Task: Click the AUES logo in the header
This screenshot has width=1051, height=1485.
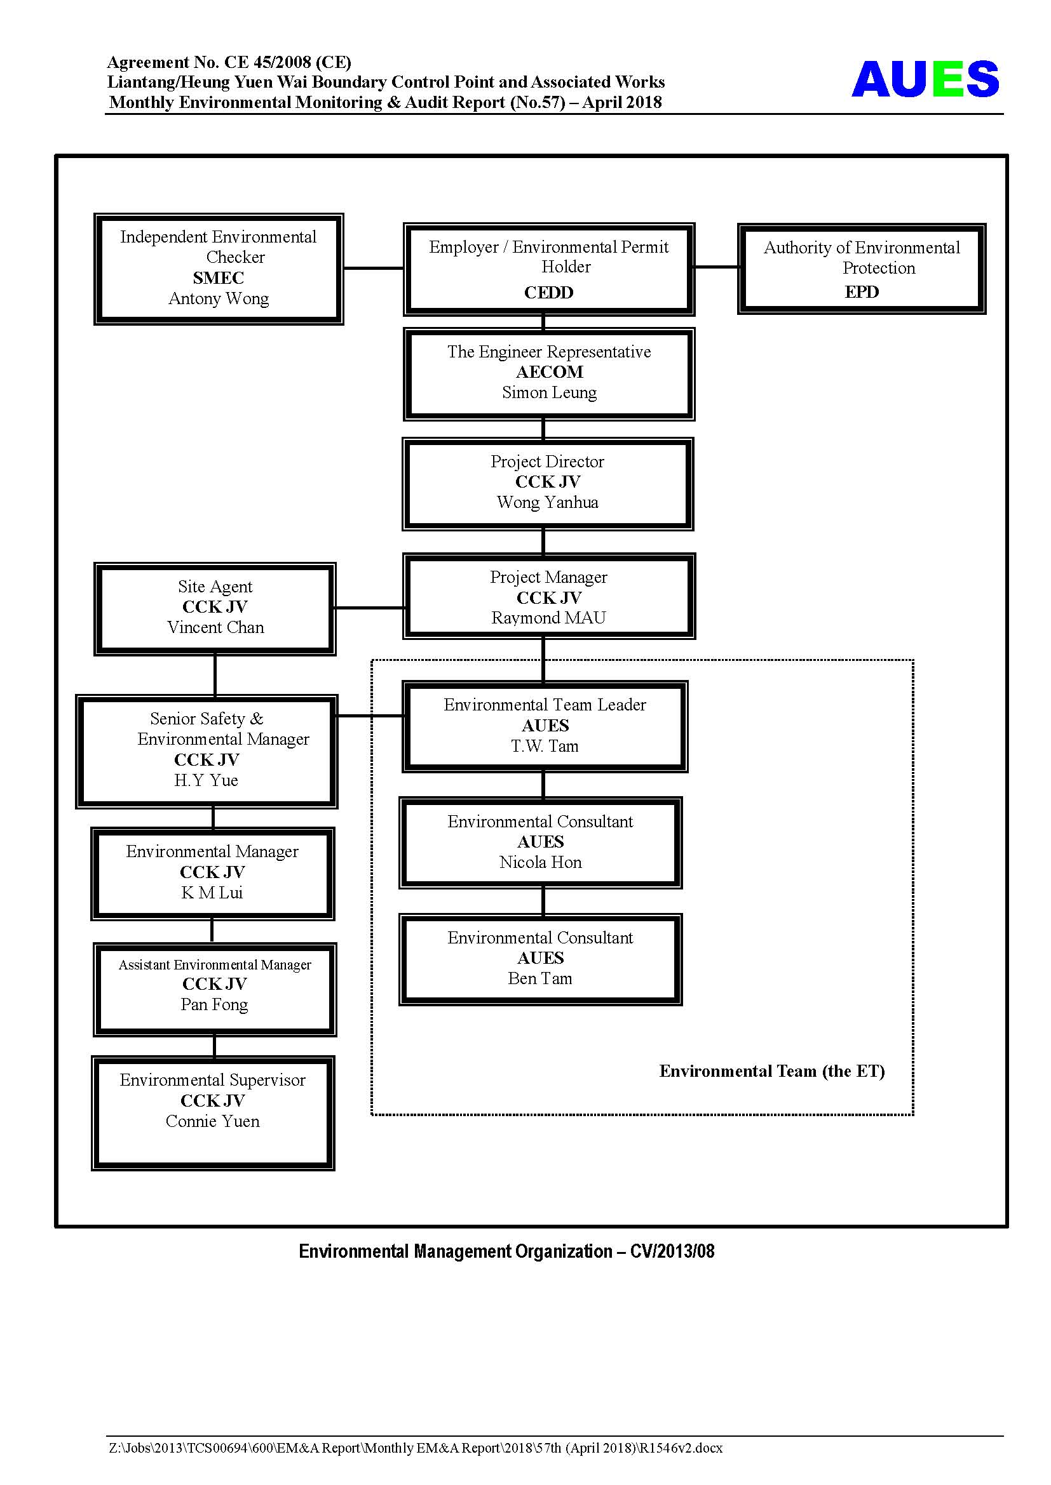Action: click(x=925, y=79)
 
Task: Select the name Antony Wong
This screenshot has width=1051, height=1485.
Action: click(x=219, y=299)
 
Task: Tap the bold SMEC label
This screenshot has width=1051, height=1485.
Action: click(x=219, y=278)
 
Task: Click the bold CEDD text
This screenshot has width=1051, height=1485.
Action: click(x=549, y=293)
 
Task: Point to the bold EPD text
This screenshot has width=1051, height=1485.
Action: click(x=862, y=291)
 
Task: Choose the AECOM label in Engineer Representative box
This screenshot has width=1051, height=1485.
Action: click(x=550, y=372)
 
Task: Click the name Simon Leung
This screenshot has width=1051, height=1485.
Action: click(x=550, y=392)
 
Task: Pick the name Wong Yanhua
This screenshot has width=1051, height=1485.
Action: click(x=548, y=503)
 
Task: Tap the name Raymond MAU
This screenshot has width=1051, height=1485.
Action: click(x=549, y=618)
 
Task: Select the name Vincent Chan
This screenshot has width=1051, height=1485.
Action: click(x=215, y=627)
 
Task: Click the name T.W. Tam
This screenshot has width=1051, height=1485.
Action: click(x=545, y=747)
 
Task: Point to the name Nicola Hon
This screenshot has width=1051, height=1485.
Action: click(x=540, y=862)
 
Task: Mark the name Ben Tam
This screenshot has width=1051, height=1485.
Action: click(x=540, y=978)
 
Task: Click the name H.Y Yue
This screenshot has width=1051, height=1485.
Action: click(x=207, y=781)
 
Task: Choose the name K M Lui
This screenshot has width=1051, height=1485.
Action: click(x=212, y=893)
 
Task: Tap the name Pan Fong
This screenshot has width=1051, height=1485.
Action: click(x=214, y=1005)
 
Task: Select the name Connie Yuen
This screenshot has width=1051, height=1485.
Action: click(x=213, y=1121)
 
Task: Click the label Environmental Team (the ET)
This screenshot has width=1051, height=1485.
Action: click(x=772, y=1072)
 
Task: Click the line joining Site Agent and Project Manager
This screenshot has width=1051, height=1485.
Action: click(x=370, y=608)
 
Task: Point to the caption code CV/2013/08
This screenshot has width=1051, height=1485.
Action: click(x=672, y=1251)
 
